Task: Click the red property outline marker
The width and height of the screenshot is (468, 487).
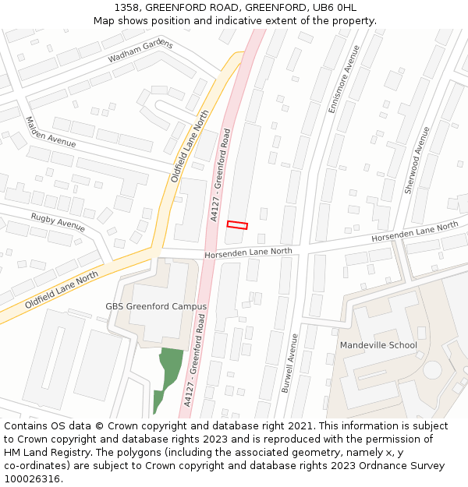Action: pos(237,225)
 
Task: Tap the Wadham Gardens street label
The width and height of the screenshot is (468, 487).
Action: pos(140,51)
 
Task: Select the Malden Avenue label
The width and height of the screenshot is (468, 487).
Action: pos(51,132)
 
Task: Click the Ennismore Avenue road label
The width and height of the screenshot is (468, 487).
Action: pos(344,79)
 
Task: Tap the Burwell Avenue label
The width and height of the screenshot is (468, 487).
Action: pos(289,362)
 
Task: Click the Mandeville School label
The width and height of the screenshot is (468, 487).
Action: pos(378,345)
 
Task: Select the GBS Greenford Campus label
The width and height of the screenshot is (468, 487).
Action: pos(156,306)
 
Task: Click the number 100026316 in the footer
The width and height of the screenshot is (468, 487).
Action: pos(33,479)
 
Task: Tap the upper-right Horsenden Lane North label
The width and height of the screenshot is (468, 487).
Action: pos(414,231)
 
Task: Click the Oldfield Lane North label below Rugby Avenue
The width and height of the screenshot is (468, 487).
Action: pos(62,290)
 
